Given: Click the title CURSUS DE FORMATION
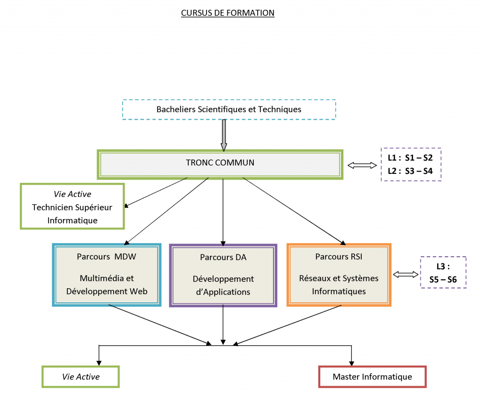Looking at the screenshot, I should pos(227,13).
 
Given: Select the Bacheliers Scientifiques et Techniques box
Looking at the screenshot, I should pos(229,109).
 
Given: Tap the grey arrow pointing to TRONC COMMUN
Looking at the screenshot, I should pos(224,134).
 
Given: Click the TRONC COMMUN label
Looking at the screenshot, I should pos(220,163).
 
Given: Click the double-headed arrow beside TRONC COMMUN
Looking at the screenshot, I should pos(362,165).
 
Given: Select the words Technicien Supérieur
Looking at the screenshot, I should pos(72,207).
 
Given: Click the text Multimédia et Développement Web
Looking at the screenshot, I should pos(107,285).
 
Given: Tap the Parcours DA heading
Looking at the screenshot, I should pos(223,257).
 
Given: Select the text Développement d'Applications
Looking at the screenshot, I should pos(223,285).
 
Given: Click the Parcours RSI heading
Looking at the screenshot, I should pos(339,257).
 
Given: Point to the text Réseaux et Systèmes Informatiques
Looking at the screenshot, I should pos(339,285).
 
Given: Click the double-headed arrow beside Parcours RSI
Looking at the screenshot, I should pos(406,274).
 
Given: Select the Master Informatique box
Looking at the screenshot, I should pos(372,377).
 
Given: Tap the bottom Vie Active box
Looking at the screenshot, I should pos(81,377).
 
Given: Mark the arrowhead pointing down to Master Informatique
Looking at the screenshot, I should pos(351,362).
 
